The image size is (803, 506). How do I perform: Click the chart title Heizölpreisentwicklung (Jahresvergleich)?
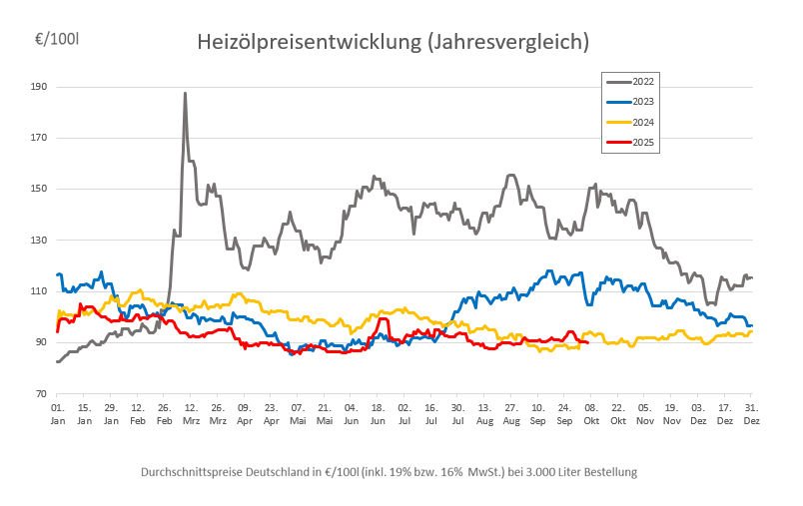click(x=393, y=42)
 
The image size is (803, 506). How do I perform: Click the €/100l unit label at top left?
click(x=57, y=40)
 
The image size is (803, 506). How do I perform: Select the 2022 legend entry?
click(x=642, y=80)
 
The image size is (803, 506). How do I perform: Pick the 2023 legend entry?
click(x=642, y=101)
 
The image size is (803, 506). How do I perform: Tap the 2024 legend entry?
click(x=642, y=122)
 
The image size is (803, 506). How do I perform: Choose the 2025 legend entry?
click(x=642, y=143)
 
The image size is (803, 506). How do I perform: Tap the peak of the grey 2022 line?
click(x=185, y=94)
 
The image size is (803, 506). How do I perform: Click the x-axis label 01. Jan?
click(x=58, y=414)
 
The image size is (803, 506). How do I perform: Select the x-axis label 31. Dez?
click(x=751, y=414)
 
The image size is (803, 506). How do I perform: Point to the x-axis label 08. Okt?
click(x=591, y=414)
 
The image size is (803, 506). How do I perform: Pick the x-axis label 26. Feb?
click(x=165, y=414)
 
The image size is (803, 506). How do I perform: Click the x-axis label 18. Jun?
click(x=378, y=414)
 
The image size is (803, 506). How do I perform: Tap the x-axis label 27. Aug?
click(x=511, y=414)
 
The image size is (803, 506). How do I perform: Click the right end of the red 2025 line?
click(x=587, y=342)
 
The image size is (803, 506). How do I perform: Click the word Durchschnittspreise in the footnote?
click(x=177, y=471)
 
